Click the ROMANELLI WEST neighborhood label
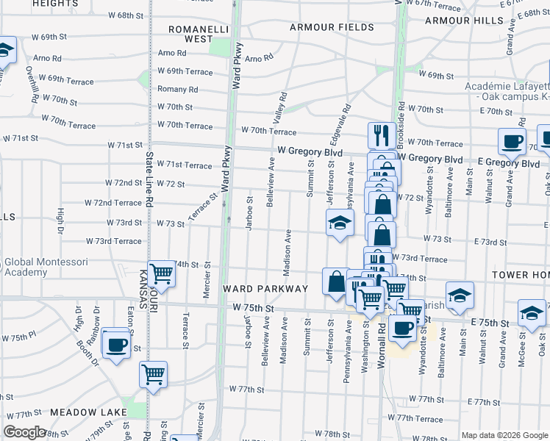coord(189,33)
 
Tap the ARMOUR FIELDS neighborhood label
coord(332,27)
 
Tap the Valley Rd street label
coord(279,113)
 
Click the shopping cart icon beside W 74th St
coord(161,275)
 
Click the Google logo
coord(24,432)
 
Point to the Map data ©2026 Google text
coord(504,435)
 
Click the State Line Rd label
coord(149,179)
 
